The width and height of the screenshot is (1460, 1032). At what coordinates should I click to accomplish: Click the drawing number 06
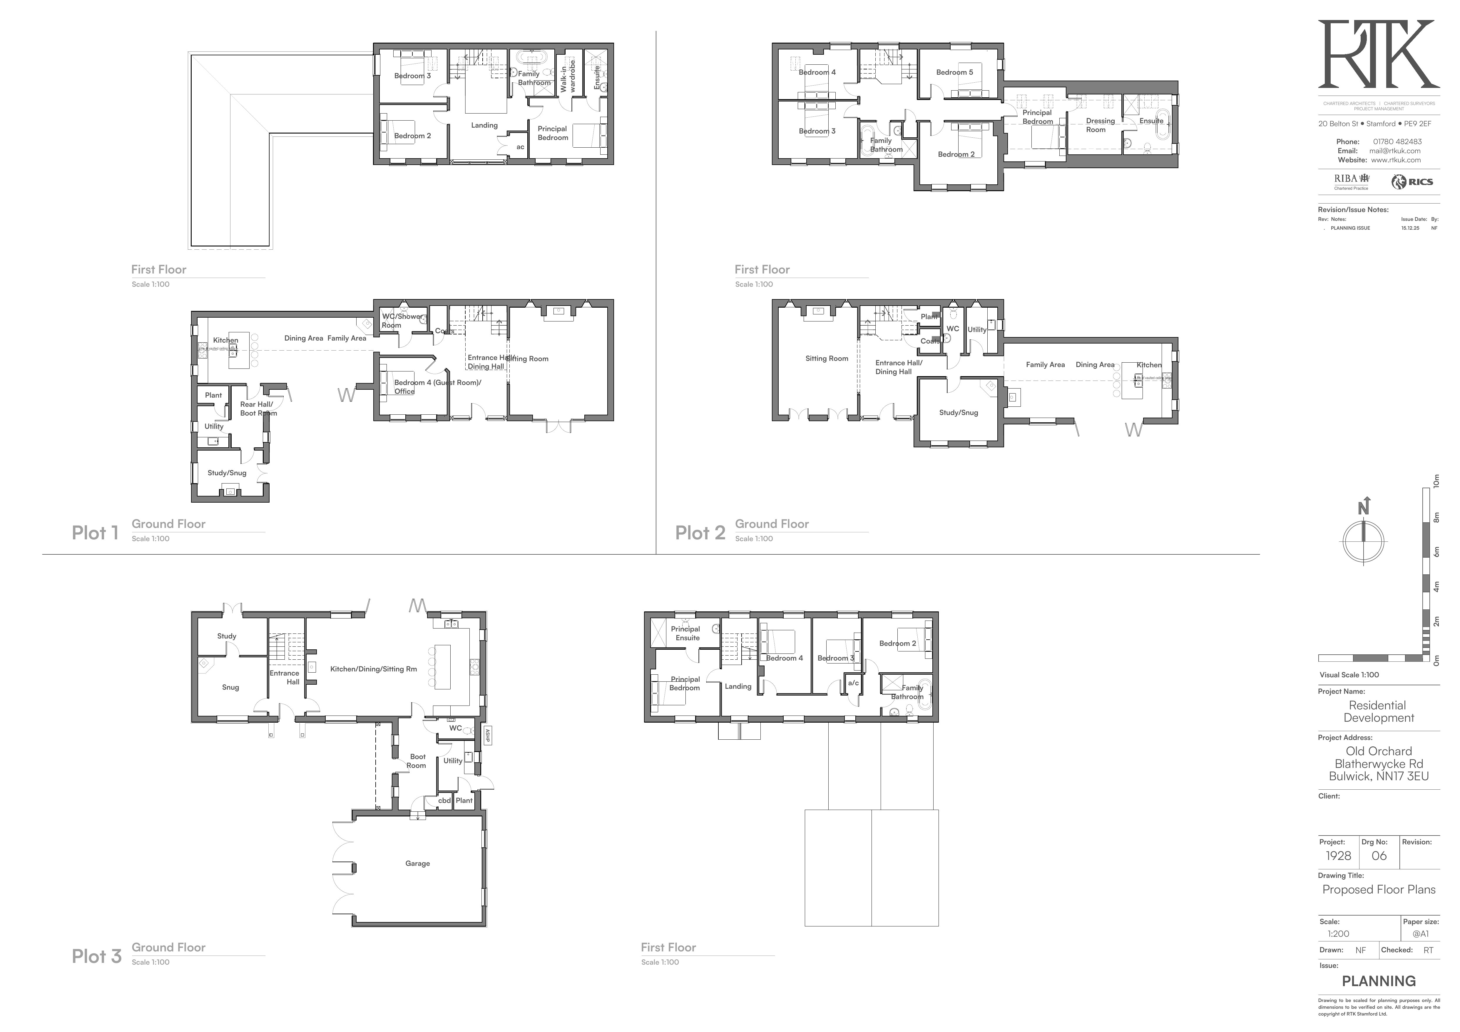coord(1379,856)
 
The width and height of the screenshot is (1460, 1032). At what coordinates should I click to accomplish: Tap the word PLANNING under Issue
coord(1379,981)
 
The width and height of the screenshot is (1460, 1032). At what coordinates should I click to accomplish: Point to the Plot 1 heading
coord(95,533)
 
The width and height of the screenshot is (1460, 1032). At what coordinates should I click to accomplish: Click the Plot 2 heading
coord(700,533)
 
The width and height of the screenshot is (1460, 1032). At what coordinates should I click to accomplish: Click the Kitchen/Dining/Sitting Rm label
coord(373,669)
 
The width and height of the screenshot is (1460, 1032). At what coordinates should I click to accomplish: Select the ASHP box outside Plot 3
coord(488,736)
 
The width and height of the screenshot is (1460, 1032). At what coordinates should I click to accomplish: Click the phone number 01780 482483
coord(1397,142)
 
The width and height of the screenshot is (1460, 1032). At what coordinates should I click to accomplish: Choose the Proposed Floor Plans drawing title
coord(1379,889)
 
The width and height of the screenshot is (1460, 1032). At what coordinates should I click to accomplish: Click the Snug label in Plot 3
coord(230,687)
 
